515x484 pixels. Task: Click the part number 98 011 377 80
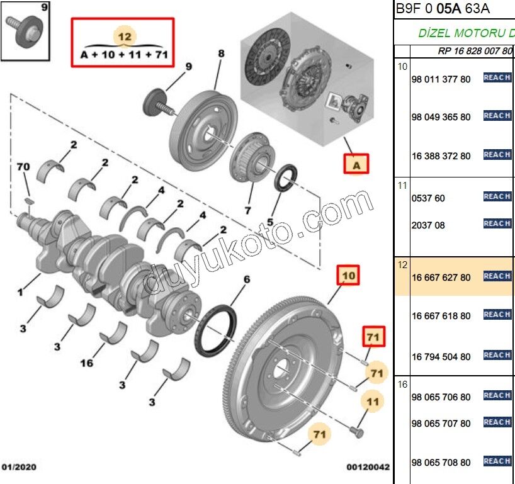(x=441, y=79)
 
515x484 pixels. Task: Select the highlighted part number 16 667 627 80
(x=441, y=277)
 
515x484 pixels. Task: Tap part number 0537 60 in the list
(x=428, y=198)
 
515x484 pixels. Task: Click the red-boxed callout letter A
(x=356, y=165)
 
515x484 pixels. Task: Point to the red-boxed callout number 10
(x=348, y=275)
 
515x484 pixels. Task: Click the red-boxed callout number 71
(x=373, y=338)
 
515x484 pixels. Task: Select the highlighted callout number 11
(x=373, y=402)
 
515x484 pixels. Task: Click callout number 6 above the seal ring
(x=247, y=279)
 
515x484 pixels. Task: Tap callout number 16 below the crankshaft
(x=86, y=363)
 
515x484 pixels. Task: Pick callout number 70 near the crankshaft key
(x=23, y=167)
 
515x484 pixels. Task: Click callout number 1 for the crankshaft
(x=20, y=292)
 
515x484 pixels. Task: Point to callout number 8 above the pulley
(x=221, y=54)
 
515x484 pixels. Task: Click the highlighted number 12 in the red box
(x=125, y=37)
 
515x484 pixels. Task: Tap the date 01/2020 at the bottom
(x=18, y=468)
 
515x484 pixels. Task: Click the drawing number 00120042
(x=368, y=468)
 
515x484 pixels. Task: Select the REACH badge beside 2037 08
(x=497, y=224)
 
